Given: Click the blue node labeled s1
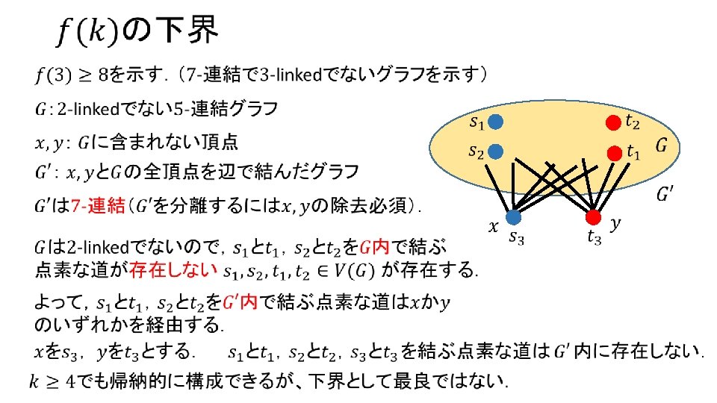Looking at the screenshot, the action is click(497, 121).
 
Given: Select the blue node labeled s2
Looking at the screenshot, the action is click(497, 151).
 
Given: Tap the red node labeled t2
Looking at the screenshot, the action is click(613, 121).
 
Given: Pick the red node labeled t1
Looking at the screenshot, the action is click(613, 153).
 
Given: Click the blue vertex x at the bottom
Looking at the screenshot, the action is click(513, 217).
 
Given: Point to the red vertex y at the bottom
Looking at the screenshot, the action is click(593, 217).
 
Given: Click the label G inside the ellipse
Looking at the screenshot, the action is click(662, 146).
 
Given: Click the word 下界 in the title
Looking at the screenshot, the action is click(186, 31).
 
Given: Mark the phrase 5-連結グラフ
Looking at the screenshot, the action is click(231, 109).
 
